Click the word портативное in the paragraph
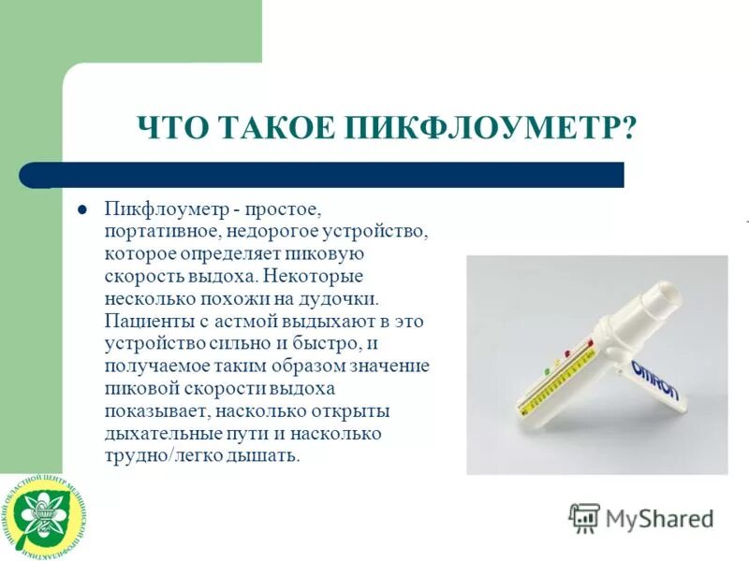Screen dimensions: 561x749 pos(160,230)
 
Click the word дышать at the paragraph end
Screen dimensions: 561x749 pos(270,456)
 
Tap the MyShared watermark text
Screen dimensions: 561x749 pos(659,518)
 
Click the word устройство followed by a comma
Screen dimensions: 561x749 pos(373,230)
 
